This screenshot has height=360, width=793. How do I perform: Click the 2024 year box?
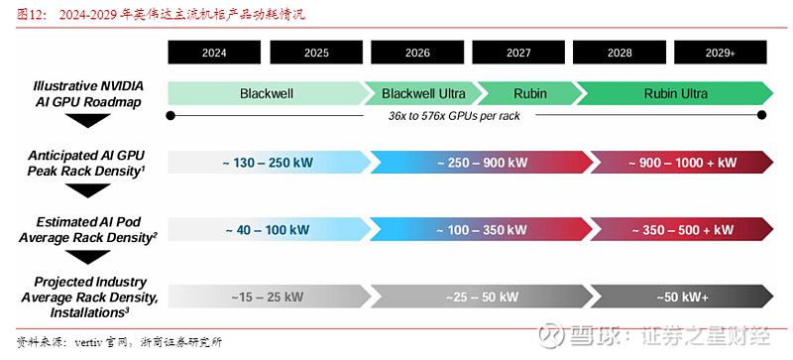tap(215, 53)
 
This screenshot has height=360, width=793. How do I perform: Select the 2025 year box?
tap(316, 53)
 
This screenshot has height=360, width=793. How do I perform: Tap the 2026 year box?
tap(417, 53)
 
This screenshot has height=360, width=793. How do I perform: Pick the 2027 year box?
tap(519, 53)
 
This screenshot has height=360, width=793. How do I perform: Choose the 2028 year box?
tap(620, 53)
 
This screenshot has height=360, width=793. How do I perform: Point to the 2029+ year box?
tap(721, 53)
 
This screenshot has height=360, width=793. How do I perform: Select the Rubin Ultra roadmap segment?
tap(675, 94)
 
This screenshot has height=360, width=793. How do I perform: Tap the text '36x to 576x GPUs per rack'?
tap(456, 116)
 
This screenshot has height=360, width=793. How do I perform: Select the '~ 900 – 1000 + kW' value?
tap(682, 163)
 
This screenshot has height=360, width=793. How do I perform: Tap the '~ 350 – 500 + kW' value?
tap(682, 230)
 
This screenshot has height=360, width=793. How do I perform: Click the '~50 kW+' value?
tap(681, 297)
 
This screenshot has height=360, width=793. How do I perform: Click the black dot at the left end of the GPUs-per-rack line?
tap(171, 116)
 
